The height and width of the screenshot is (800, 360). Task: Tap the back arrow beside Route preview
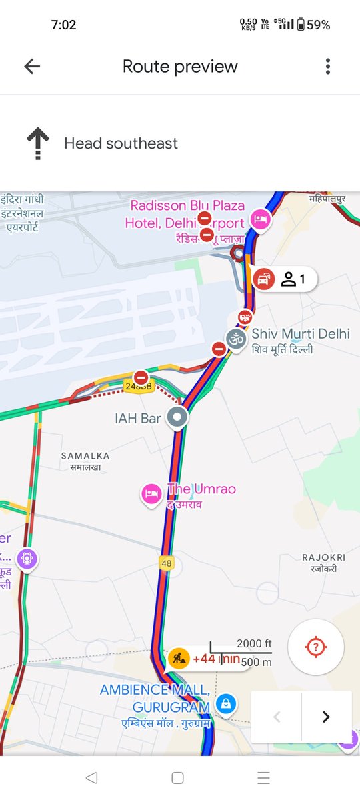pyautogui.click(x=32, y=66)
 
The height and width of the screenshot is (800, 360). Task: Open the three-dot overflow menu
pyautogui.click(x=327, y=66)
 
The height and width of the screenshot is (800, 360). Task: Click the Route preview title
pyautogui.click(x=180, y=67)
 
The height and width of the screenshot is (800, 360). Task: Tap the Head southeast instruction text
pyautogui.click(x=121, y=143)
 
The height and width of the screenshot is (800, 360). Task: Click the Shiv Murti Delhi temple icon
pyautogui.click(x=235, y=337)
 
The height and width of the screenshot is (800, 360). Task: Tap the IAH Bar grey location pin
pyautogui.click(x=177, y=418)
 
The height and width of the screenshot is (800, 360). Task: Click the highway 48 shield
pyautogui.click(x=167, y=563)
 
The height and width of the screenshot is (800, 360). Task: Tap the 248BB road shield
pyautogui.click(x=139, y=386)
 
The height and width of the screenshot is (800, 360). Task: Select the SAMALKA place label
pyautogui.click(x=85, y=456)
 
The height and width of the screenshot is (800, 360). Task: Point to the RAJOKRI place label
pyautogui.click(x=323, y=557)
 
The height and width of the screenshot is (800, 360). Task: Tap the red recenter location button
pyautogui.click(x=316, y=647)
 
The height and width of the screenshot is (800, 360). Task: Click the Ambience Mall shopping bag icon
pyautogui.click(x=227, y=701)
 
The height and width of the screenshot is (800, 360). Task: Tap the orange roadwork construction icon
pyautogui.click(x=178, y=659)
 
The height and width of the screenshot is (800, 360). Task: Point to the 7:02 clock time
pyautogui.click(x=64, y=25)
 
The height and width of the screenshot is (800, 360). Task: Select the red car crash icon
pyautogui.click(x=265, y=279)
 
